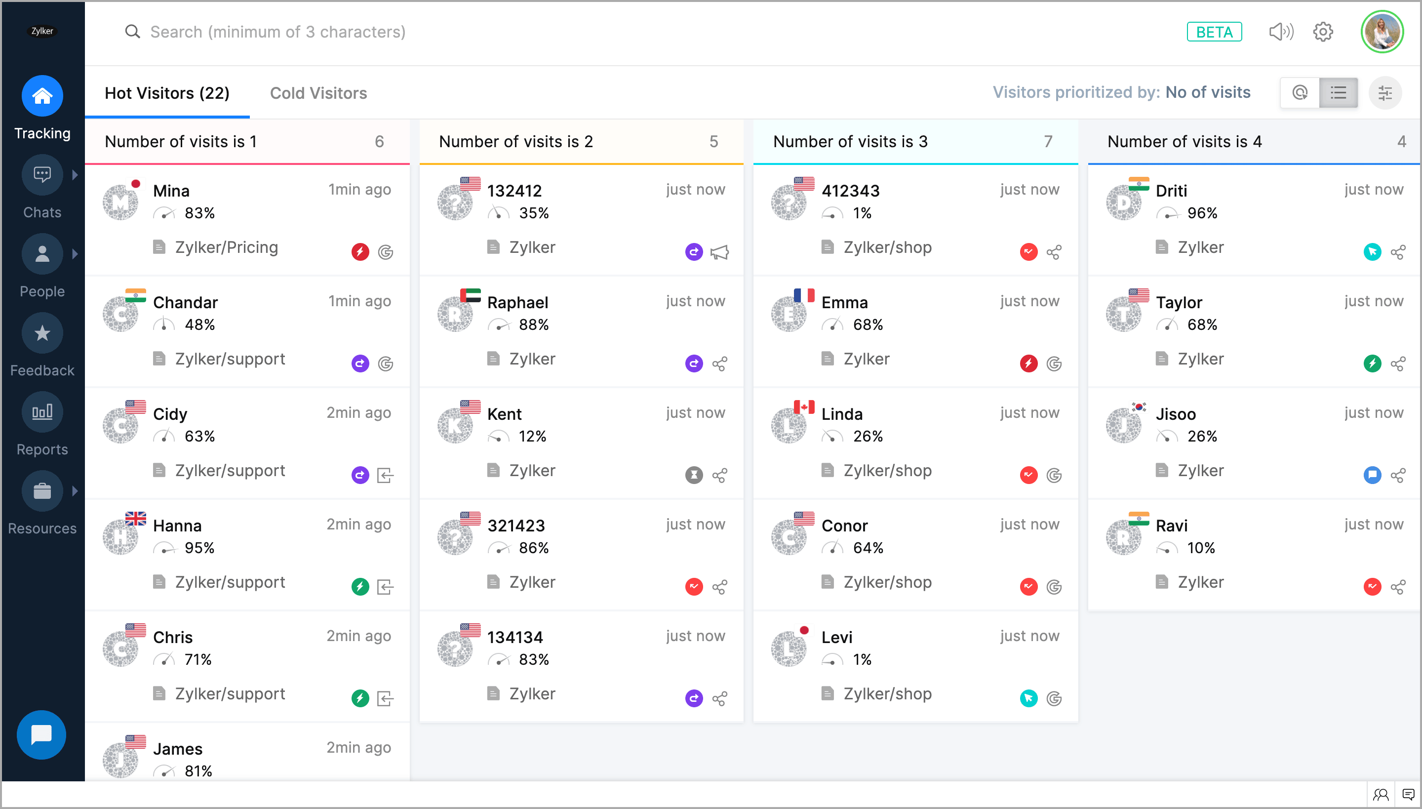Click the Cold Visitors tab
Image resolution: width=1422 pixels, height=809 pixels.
318,93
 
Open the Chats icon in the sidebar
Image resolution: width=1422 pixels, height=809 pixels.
42,175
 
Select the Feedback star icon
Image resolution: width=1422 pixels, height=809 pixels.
42,333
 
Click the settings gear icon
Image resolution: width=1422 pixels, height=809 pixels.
1323,32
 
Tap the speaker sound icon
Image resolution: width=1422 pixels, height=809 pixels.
1281,32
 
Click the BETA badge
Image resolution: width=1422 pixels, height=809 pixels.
1214,32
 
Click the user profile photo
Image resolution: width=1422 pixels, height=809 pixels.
1382,32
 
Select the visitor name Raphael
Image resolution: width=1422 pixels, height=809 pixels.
517,302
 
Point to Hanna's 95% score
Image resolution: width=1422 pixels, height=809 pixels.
199,548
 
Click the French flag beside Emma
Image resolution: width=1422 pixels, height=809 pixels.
804,294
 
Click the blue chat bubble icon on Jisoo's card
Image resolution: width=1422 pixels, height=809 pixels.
1372,475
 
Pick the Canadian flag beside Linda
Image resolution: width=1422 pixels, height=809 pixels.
804,407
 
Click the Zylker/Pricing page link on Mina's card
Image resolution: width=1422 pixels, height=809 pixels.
226,247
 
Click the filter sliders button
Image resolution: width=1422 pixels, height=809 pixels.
1385,93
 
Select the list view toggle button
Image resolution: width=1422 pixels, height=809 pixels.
1338,93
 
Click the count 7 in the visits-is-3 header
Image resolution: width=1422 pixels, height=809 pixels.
1048,142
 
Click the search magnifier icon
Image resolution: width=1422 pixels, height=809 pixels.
132,32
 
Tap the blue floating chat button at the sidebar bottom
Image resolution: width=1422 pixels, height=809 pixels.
41,734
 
